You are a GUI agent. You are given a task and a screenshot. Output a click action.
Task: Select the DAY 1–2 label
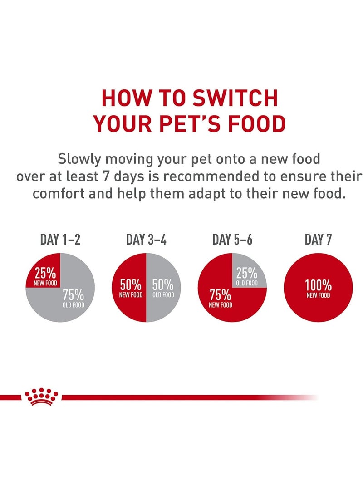[60, 240]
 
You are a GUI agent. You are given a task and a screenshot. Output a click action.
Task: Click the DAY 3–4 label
[146, 240]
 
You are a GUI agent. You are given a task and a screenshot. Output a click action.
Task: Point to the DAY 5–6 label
[232, 240]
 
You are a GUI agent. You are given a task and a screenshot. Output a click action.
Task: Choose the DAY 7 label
[318, 240]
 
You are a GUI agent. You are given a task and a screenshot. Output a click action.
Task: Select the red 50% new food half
[129, 288]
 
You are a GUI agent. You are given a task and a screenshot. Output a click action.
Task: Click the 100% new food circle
[318, 288]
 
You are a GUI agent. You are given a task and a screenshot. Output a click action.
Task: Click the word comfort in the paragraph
[60, 194]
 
